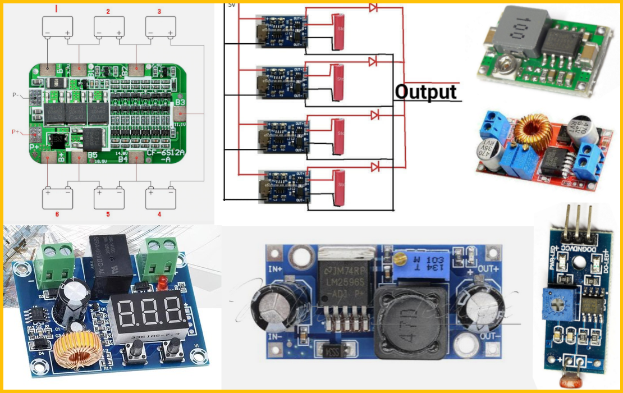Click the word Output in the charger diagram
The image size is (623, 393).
click(426, 92)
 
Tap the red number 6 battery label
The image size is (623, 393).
click(56, 214)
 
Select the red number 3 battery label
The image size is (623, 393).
click(159, 12)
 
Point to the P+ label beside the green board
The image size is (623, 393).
click(16, 132)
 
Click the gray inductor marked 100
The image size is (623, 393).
click(515, 28)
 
